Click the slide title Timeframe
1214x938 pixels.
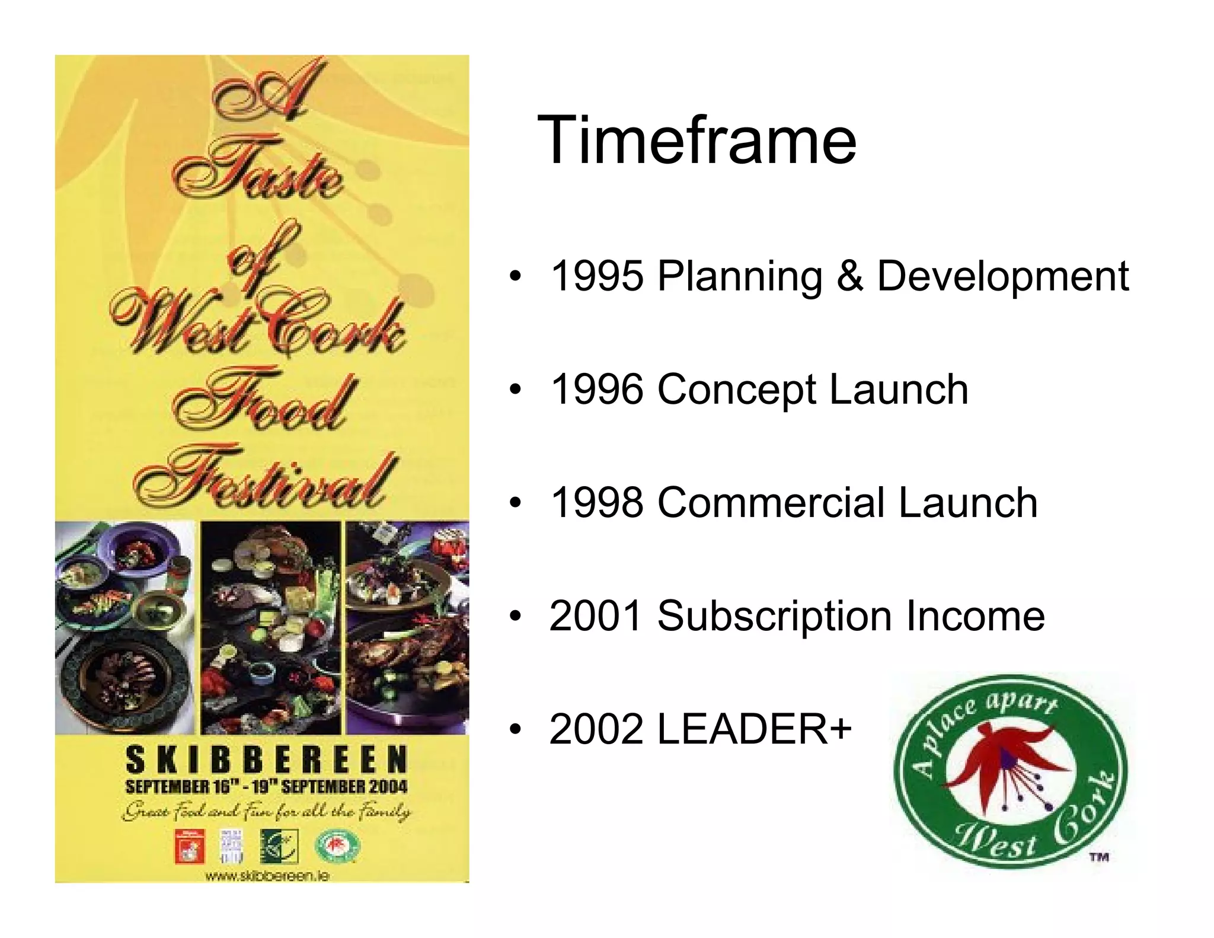[x=697, y=141]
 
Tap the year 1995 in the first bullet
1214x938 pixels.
[x=597, y=276]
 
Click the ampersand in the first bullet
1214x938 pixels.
[x=849, y=276]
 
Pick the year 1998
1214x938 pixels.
[x=597, y=503]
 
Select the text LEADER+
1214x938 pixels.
[x=755, y=729]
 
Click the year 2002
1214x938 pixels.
[x=597, y=729]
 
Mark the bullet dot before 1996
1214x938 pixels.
[x=516, y=390]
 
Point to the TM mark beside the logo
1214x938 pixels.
[x=1099, y=856]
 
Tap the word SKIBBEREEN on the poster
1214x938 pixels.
[x=267, y=760]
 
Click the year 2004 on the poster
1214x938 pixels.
[x=386, y=787]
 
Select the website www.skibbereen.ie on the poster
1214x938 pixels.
[x=267, y=876]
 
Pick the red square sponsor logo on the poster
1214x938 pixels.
[x=189, y=846]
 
